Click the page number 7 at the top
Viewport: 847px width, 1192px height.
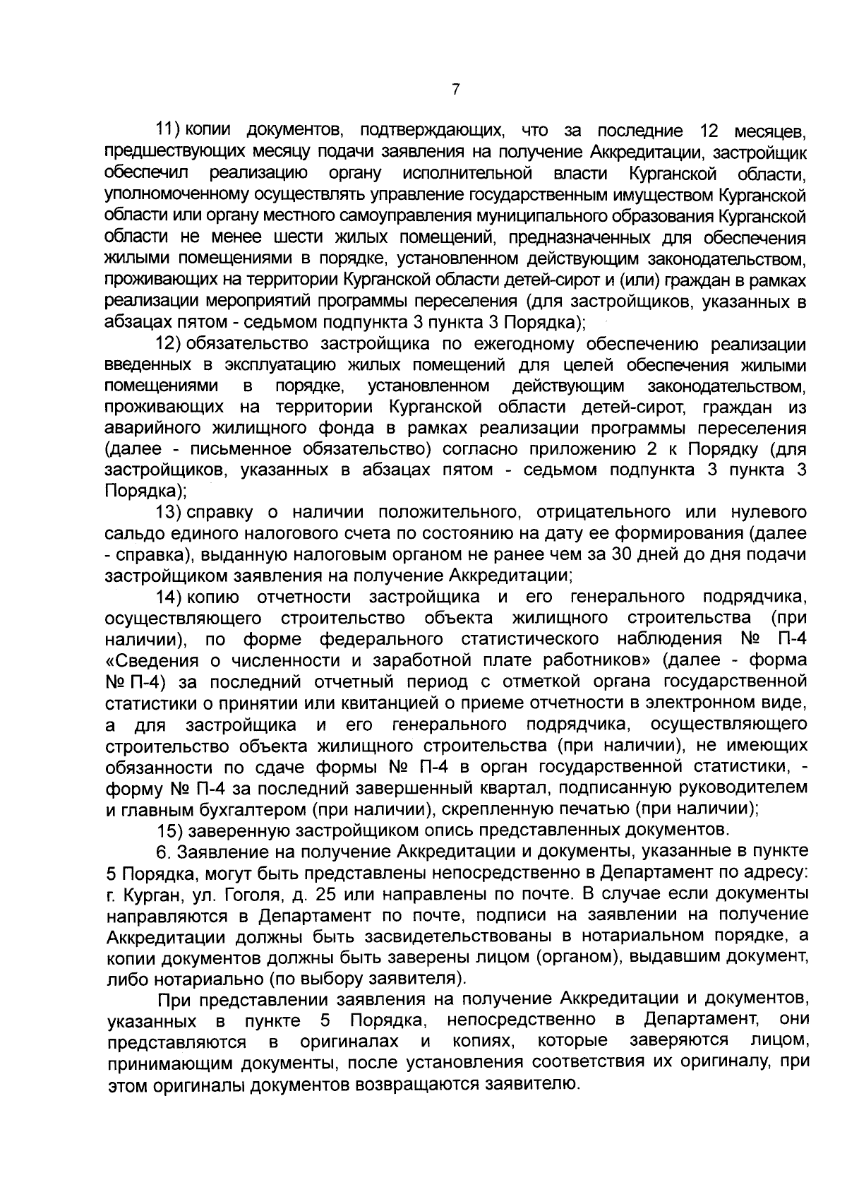point(456,90)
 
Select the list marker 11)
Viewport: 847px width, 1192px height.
point(169,131)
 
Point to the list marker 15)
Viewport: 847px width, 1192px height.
point(170,828)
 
